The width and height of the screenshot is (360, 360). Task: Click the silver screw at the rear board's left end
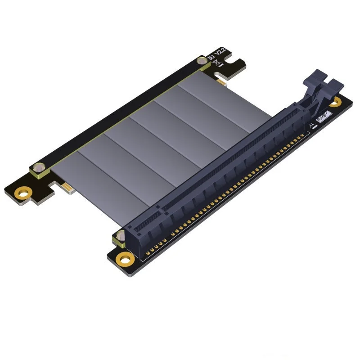(40, 167)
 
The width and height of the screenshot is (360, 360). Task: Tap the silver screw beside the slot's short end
(121, 236)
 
